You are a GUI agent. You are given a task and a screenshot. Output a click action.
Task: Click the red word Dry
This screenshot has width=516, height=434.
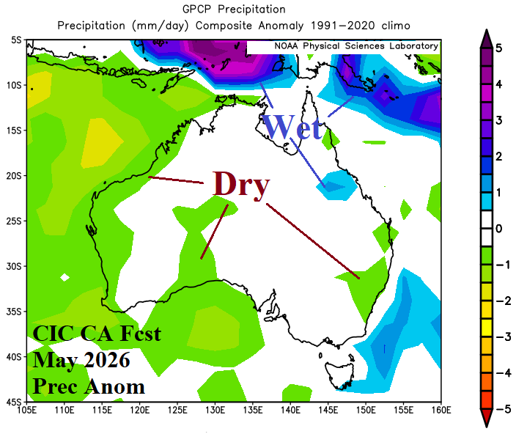[x=241, y=183]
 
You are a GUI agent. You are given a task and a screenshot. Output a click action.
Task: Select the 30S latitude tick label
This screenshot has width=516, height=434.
[x=15, y=266]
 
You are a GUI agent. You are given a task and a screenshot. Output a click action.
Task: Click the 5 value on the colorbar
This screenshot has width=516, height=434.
[x=498, y=48]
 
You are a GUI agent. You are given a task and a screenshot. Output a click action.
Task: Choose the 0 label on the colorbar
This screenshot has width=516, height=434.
[x=498, y=229]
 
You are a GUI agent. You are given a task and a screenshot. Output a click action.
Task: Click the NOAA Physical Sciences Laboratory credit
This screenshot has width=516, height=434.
[x=356, y=45]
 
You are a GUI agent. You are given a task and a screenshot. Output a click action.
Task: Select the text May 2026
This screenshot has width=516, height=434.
[x=81, y=361]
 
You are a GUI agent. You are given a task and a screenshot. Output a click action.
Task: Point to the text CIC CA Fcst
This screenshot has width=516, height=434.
[x=97, y=335]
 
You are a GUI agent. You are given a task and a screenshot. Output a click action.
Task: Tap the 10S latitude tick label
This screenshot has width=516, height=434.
[x=15, y=85]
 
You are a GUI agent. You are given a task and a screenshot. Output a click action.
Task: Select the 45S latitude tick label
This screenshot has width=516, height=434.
[x=15, y=402]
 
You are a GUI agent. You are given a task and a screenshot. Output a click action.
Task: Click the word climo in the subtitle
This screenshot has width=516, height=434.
[x=394, y=25]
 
